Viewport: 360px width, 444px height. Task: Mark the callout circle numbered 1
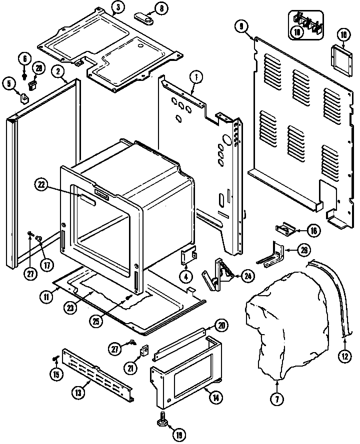click(196, 77)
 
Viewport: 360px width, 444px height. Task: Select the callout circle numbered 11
click(46, 296)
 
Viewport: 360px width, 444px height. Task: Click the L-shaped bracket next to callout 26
click(272, 254)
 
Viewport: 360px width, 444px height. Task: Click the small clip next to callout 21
click(145, 351)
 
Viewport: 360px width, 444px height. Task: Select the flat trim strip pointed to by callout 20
click(180, 344)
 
